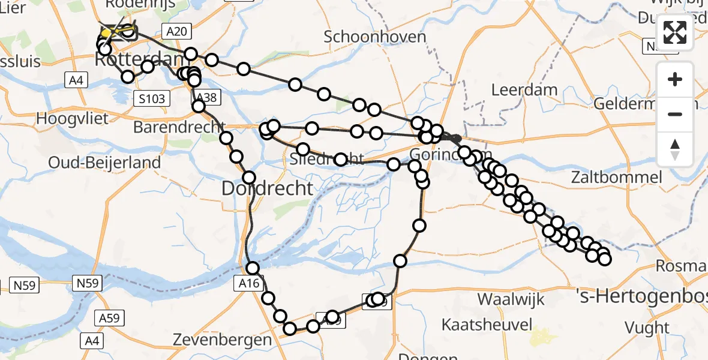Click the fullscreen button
(x=675, y=32)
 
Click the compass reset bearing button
(x=675, y=149)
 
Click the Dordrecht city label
(x=268, y=188)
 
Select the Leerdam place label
(x=524, y=90)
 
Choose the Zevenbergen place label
(x=222, y=340)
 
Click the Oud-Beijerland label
(x=104, y=162)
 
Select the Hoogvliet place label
(x=72, y=118)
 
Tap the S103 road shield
(x=150, y=98)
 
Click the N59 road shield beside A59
(x=88, y=281)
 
